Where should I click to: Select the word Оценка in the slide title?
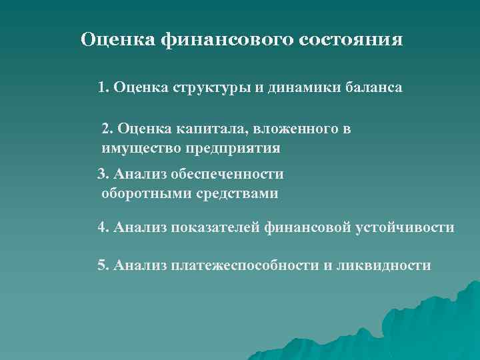(x=118, y=39)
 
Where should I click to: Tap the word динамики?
(x=291, y=88)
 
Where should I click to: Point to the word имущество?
(x=137, y=148)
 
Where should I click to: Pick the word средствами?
(x=237, y=194)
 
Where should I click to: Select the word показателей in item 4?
(x=214, y=228)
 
